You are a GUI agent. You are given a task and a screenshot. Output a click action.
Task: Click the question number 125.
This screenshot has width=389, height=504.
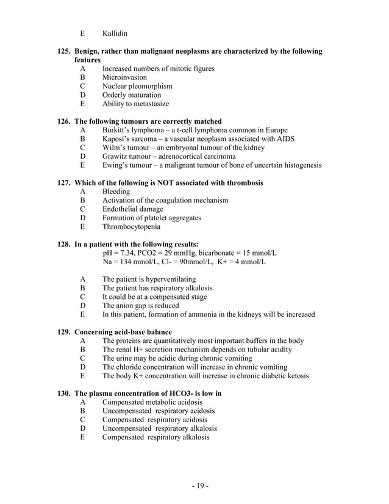click(64, 52)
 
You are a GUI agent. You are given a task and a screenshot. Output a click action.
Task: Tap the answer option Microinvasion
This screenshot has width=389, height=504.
click(124, 77)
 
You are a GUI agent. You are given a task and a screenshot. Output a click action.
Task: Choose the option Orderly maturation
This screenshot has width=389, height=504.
click(132, 95)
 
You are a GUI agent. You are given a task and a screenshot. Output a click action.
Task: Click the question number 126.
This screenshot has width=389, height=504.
click(64, 121)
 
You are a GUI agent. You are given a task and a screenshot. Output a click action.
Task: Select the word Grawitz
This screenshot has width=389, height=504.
click(116, 156)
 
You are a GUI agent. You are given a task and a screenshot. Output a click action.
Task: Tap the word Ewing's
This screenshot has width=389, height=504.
click(116, 165)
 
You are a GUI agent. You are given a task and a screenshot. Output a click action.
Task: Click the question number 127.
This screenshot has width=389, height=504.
click(64, 183)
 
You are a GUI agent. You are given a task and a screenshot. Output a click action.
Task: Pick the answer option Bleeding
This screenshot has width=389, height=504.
click(116, 192)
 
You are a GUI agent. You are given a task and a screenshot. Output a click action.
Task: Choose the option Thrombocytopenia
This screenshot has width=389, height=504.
click(132, 226)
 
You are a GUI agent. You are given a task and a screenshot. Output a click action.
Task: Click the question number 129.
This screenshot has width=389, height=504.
click(64, 332)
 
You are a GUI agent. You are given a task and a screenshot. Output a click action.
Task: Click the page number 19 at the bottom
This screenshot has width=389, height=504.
click(194, 486)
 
